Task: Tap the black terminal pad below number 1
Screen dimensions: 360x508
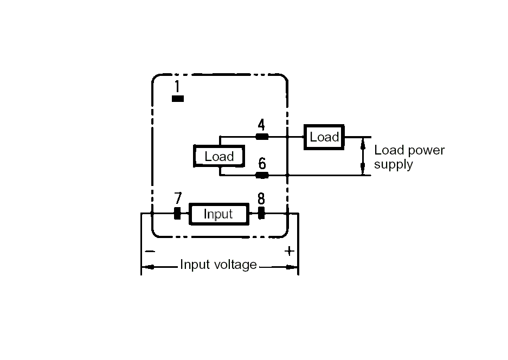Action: coord(177,99)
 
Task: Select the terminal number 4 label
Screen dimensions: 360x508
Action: coord(261,125)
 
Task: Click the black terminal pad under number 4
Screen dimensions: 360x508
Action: coord(262,137)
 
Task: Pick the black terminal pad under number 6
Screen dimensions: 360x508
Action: coord(262,175)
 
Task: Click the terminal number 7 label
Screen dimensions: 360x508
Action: coord(177,198)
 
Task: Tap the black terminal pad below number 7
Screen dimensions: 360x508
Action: coord(177,214)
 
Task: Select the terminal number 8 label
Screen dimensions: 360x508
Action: coord(261,198)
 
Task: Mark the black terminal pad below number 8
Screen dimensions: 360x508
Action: coord(261,214)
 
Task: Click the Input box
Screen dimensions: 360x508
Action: coord(218,214)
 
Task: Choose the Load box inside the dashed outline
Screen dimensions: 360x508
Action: coord(219,157)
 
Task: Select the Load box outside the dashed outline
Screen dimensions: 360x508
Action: coord(324,137)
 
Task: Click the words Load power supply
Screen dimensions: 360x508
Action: coord(409,157)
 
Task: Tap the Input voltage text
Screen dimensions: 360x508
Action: coord(218,265)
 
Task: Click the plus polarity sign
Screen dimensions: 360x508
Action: coord(290,251)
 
